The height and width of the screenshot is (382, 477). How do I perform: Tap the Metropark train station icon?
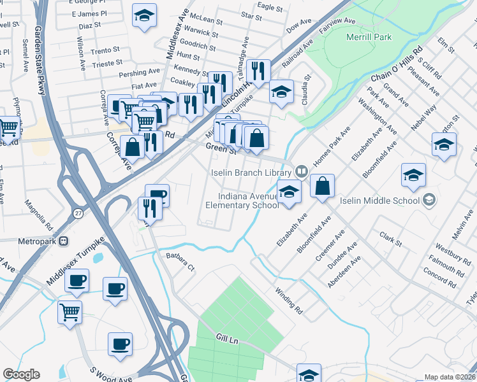coord(63,241)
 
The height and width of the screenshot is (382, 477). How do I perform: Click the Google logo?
coord(22,374)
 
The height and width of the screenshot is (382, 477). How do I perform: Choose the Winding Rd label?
coord(289,301)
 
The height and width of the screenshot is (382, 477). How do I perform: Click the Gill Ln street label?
coord(226,340)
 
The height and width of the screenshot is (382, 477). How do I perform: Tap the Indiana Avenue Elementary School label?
coord(242,201)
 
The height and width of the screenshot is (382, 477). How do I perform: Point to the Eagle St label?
coord(270,8)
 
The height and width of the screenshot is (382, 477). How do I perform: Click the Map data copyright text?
coord(450,377)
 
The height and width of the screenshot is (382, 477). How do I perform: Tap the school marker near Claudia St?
coord(281,92)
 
